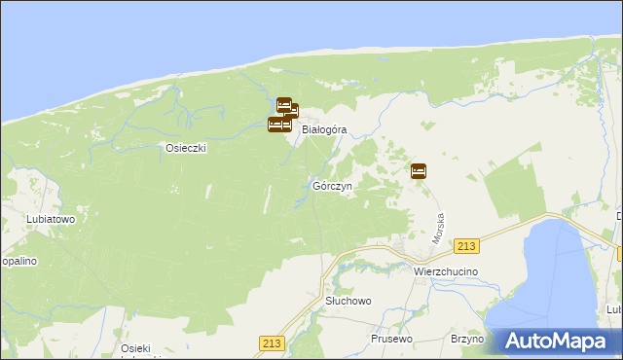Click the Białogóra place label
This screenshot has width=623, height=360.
click(x=324, y=128)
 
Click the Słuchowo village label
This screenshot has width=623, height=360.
click(x=348, y=302)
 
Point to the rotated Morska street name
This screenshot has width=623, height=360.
click(x=439, y=228)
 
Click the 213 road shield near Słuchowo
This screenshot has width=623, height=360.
click(x=272, y=343)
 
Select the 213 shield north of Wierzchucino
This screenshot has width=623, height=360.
click(x=467, y=247)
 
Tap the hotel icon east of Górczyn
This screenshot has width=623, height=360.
click(x=419, y=171)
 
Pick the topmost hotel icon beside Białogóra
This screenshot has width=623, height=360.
click(x=284, y=104)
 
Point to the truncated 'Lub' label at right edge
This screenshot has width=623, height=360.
click(x=613, y=309)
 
